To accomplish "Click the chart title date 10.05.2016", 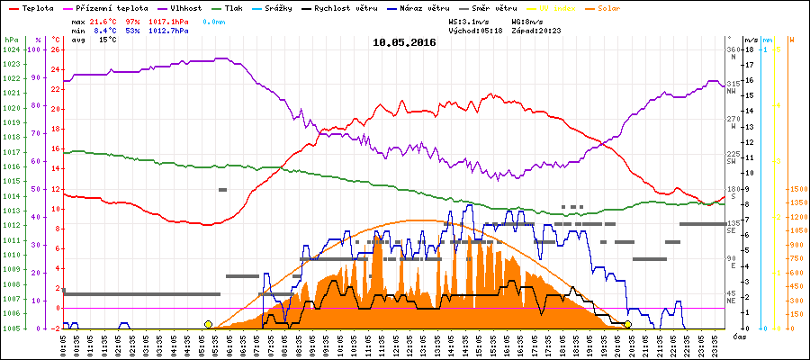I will [x=404, y=42].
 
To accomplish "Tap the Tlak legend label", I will [x=234, y=7].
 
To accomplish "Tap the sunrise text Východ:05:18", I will [x=478, y=30].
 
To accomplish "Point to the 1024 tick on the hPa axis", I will [x=11, y=49].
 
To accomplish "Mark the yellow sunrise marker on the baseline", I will [x=209, y=324].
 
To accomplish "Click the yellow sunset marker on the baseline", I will [x=627, y=324].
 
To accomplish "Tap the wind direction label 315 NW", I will [x=733, y=86].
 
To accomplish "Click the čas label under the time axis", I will [x=738, y=336].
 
